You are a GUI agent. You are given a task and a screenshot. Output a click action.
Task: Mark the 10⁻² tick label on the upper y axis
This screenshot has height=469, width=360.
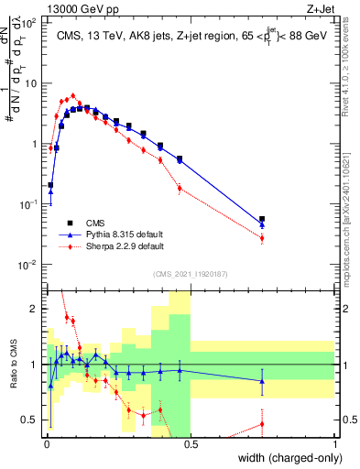(x=30, y=266)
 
